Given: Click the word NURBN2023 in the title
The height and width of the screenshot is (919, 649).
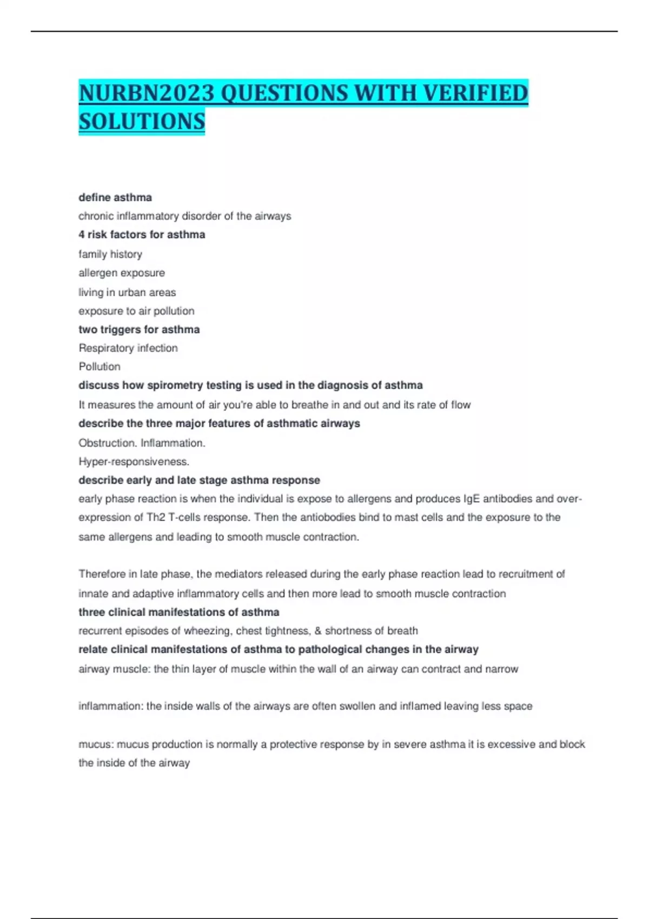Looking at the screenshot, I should click(x=147, y=93).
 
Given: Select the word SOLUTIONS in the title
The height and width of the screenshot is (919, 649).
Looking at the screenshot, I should click(x=142, y=121).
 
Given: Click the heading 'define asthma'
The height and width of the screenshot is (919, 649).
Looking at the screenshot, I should click(x=115, y=197).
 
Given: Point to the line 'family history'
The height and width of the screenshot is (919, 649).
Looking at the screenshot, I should click(x=110, y=254).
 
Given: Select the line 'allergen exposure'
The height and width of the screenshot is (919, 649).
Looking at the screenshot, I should click(x=122, y=273).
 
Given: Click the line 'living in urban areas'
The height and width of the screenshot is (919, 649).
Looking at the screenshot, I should click(x=127, y=292).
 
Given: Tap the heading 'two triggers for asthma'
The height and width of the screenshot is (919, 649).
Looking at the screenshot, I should click(x=139, y=329).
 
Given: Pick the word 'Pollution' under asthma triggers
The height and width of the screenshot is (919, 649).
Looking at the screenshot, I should click(x=100, y=367).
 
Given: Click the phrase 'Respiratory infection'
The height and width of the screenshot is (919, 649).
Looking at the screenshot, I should click(x=128, y=348).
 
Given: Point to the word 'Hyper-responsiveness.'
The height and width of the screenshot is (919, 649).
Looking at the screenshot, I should click(x=134, y=462).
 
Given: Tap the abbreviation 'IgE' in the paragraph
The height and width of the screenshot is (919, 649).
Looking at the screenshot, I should click(x=471, y=499).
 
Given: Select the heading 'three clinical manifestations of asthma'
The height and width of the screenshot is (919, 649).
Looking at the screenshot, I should click(x=179, y=612).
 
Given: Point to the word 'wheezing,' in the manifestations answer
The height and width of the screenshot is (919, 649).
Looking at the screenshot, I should click(x=207, y=631).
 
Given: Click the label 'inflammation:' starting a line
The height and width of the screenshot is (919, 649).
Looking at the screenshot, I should click(x=111, y=706).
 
